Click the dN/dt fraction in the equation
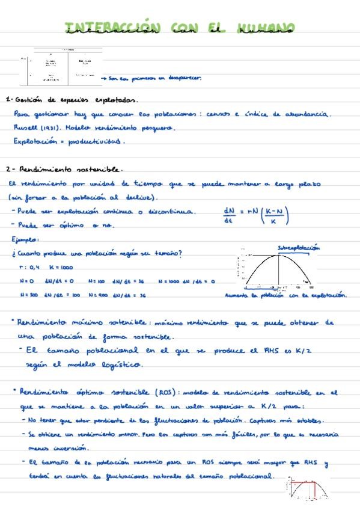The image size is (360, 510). (228, 215)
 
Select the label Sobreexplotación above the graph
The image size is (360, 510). (299, 247)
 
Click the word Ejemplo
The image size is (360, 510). (25, 239)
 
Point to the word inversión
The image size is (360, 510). (72, 448)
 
